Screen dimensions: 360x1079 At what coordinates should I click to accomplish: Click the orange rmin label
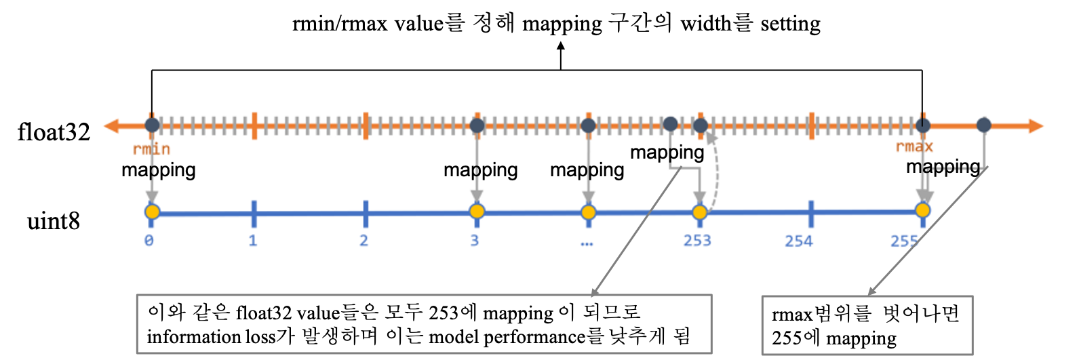[x=151, y=148]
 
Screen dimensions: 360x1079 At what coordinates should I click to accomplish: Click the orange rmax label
[x=914, y=146]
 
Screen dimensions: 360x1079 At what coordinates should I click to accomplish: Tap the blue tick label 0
[x=149, y=240]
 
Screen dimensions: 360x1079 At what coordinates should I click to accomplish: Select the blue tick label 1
[x=253, y=240]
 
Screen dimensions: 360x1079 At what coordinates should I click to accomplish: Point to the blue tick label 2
[x=364, y=240]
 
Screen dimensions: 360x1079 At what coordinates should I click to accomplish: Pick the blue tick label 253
[x=697, y=240]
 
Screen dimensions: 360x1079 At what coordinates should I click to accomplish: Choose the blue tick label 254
[x=799, y=240]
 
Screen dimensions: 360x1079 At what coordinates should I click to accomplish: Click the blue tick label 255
[x=904, y=240]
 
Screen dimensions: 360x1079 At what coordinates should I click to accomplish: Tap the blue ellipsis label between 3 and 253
[x=587, y=242]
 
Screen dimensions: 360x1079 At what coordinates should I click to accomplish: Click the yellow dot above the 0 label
[x=152, y=212]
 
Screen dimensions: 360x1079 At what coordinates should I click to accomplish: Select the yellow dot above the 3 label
[x=477, y=212]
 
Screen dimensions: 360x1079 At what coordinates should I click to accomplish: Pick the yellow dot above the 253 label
[x=700, y=212]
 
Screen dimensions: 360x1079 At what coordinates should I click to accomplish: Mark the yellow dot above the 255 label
[x=922, y=210]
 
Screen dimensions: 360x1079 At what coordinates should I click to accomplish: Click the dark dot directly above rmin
[x=152, y=125]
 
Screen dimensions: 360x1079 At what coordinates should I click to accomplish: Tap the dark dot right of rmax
[x=984, y=125]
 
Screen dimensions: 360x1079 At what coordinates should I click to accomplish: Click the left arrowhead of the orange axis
[x=111, y=126]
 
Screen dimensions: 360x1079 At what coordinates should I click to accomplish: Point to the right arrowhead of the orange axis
[x=1035, y=126]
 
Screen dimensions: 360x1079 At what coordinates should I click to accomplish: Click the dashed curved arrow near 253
[x=715, y=169]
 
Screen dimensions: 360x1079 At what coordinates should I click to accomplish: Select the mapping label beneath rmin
[x=158, y=169]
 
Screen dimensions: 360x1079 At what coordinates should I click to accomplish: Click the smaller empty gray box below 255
[x=867, y=325]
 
